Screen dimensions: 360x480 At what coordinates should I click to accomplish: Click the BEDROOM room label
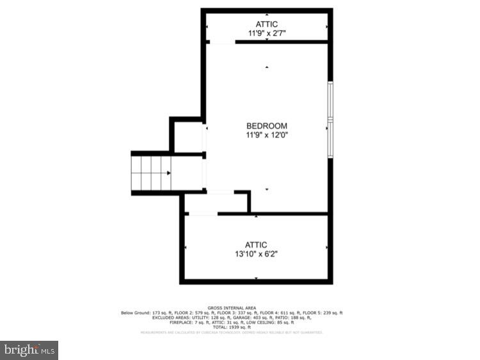pos(267,126)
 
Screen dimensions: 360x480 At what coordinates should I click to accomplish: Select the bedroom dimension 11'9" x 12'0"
pos(267,135)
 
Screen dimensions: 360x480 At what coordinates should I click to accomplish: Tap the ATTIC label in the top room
pos(267,24)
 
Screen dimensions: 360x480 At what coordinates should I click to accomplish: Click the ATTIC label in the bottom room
pos(256,245)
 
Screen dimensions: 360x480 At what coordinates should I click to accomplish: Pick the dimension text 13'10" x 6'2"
pos(256,254)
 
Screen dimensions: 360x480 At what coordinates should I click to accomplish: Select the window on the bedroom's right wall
pos(330,120)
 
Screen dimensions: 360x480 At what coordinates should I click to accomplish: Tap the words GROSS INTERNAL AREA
pos(232,307)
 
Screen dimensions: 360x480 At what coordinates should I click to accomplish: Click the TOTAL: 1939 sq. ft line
pos(232,327)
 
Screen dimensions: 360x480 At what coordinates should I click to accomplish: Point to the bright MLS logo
pos(29,350)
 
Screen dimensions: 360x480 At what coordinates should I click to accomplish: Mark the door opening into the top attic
pos(221,42)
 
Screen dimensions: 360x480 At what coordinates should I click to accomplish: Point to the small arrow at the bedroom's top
pos(267,67)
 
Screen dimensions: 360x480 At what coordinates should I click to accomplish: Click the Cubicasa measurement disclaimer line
pos(232,332)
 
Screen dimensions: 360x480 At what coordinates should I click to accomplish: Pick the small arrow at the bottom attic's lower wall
pos(256,278)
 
